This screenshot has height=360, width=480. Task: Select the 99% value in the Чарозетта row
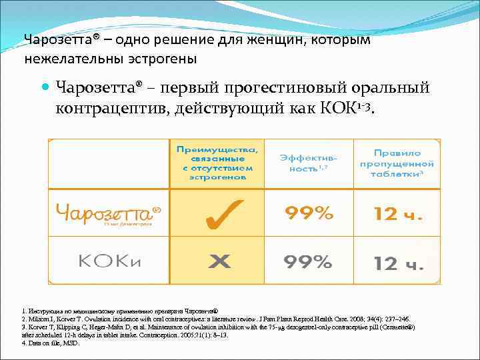coord(308,213)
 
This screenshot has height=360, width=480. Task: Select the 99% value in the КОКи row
coord(308,261)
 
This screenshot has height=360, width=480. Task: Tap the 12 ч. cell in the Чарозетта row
coord(397,214)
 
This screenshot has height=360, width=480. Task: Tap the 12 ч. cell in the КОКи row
coord(397,263)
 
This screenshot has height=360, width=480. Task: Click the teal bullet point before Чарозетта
coord(45,88)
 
